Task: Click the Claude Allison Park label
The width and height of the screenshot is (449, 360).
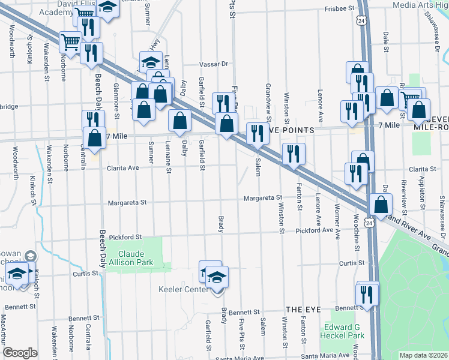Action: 136,258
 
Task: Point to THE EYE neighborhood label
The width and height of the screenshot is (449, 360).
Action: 300,309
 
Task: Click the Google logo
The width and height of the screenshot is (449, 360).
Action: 20,353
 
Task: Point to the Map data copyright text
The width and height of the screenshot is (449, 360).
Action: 423,355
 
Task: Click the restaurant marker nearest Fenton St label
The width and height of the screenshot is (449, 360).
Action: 294,153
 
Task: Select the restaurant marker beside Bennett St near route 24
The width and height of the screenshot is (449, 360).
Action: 367,293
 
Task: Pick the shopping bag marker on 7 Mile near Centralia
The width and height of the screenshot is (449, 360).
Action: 95,137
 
